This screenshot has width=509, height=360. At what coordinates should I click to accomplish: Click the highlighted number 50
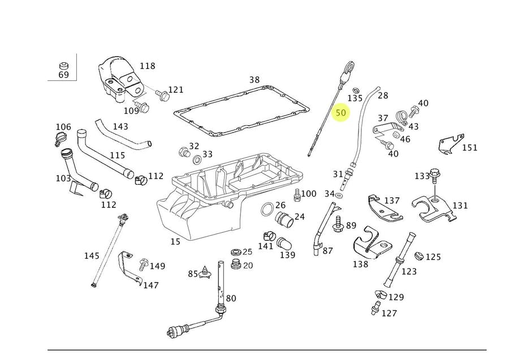point(340,113)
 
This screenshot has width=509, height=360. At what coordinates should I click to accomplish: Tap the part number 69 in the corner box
point(63,74)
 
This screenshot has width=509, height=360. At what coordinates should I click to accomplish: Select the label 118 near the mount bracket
point(147,66)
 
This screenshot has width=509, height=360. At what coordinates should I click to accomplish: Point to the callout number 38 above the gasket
point(255,80)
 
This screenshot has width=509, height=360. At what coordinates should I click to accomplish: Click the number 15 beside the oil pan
point(175,241)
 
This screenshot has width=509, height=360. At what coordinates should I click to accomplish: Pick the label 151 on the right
point(469,148)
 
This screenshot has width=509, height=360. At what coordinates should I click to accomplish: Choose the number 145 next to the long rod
point(92,256)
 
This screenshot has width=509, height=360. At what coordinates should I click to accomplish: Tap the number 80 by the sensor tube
point(231,298)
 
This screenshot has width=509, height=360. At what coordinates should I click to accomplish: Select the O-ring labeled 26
point(266,212)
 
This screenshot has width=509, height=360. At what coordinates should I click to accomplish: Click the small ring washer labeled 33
point(196,160)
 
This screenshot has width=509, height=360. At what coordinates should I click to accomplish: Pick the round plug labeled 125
point(419,257)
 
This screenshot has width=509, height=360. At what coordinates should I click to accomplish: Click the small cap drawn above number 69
point(63,63)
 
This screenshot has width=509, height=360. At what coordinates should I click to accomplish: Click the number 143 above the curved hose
point(120,127)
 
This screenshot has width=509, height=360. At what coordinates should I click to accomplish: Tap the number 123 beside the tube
point(409,271)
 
